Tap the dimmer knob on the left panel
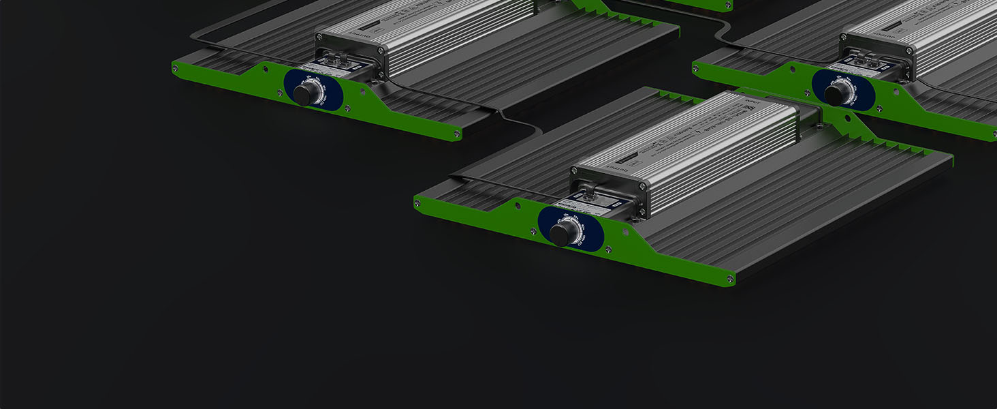pyautogui.click(x=304, y=93)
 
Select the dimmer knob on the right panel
pyautogui.click(x=834, y=94)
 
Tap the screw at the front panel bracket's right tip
pyautogui.click(x=730, y=278)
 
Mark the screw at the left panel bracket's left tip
pyautogui.click(x=176, y=65)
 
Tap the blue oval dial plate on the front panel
pyautogui.click(x=571, y=228)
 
